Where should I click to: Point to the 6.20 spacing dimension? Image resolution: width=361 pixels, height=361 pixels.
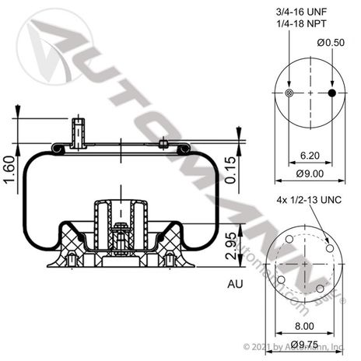click(310, 156)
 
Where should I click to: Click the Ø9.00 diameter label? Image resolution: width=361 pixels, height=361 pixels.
click(310, 173)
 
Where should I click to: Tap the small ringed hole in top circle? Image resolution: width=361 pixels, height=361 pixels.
click(289, 93)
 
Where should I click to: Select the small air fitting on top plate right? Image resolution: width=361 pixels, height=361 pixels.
click(163, 142)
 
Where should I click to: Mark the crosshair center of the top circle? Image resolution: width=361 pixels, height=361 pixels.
click(310, 93)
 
